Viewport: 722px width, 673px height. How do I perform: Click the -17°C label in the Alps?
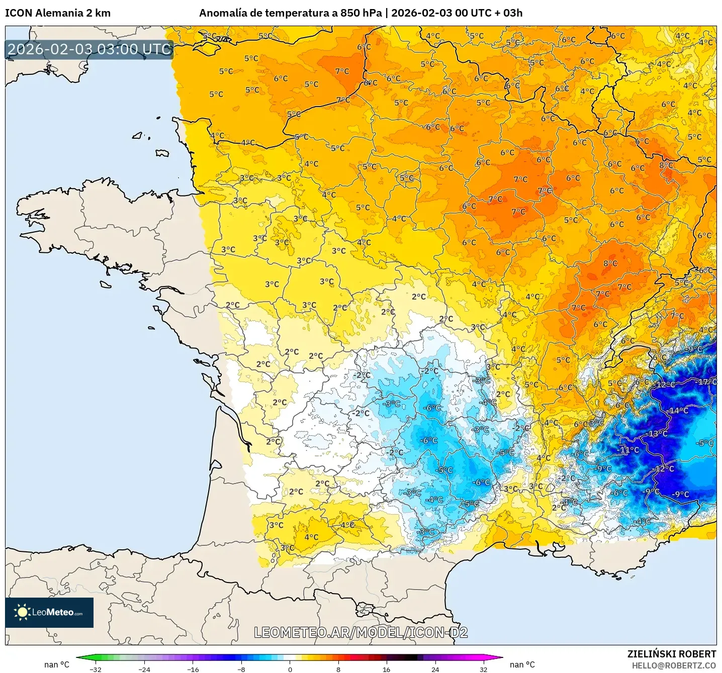pyautogui.click(x=706, y=382)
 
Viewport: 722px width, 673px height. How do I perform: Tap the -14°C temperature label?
pyautogui.click(x=678, y=411)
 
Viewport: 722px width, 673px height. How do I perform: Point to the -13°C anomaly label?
pyautogui.click(x=657, y=434)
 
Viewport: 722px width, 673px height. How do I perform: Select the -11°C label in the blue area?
pyautogui.click(x=628, y=450)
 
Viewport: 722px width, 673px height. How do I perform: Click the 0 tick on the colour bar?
pyautogui.click(x=290, y=669)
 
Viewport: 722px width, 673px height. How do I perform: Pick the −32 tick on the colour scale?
pyautogui.click(x=95, y=669)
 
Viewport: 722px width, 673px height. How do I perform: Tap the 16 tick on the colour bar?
pyautogui.click(x=386, y=669)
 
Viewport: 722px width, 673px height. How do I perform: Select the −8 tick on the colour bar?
pyautogui.click(x=241, y=669)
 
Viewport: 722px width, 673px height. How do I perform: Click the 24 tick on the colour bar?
pyautogui.click(x=435, y=669)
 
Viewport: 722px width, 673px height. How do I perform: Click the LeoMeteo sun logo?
pyautogui.click(x=22, y=612)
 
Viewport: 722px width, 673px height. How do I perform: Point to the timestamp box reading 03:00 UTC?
pyautogui.click(x=89, y=49)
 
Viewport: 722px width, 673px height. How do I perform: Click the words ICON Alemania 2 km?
pyautogui.click(x=58, y=13)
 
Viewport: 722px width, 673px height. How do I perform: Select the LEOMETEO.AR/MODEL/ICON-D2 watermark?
pyautogui.click(x=361, y=632)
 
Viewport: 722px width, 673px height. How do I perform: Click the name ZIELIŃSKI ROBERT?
pyautogui.click(x=671, y=654)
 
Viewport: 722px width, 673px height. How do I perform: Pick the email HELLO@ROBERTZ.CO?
pyautogui.click(x=674, y=665)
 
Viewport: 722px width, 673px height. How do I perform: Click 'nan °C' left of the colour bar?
pyautogui.click(x=56, y=664)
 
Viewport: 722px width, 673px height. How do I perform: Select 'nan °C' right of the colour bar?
pyautogui.click(x=522, y=664)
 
